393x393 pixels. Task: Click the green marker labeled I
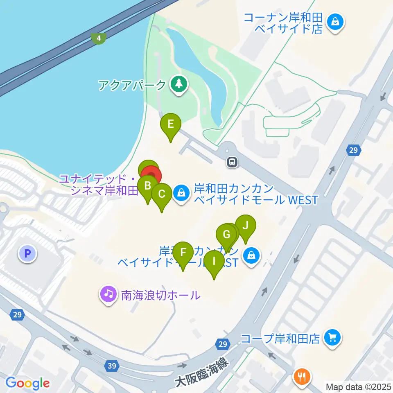[x=214, y=261]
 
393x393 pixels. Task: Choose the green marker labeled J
[x=246, y=226]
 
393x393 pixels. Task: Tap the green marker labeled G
[x=226, y=235]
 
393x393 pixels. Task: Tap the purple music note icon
[x=108, y=294]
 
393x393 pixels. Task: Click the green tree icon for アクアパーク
[x=178, y=85]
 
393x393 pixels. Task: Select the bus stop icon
[x=232, y=162]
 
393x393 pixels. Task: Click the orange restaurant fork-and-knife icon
[x=303, y=376]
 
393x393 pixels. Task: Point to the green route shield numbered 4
[x=98, y=38]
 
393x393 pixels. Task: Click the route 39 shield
[x=112, y=365]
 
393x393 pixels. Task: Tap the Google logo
[x=28, y=383]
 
